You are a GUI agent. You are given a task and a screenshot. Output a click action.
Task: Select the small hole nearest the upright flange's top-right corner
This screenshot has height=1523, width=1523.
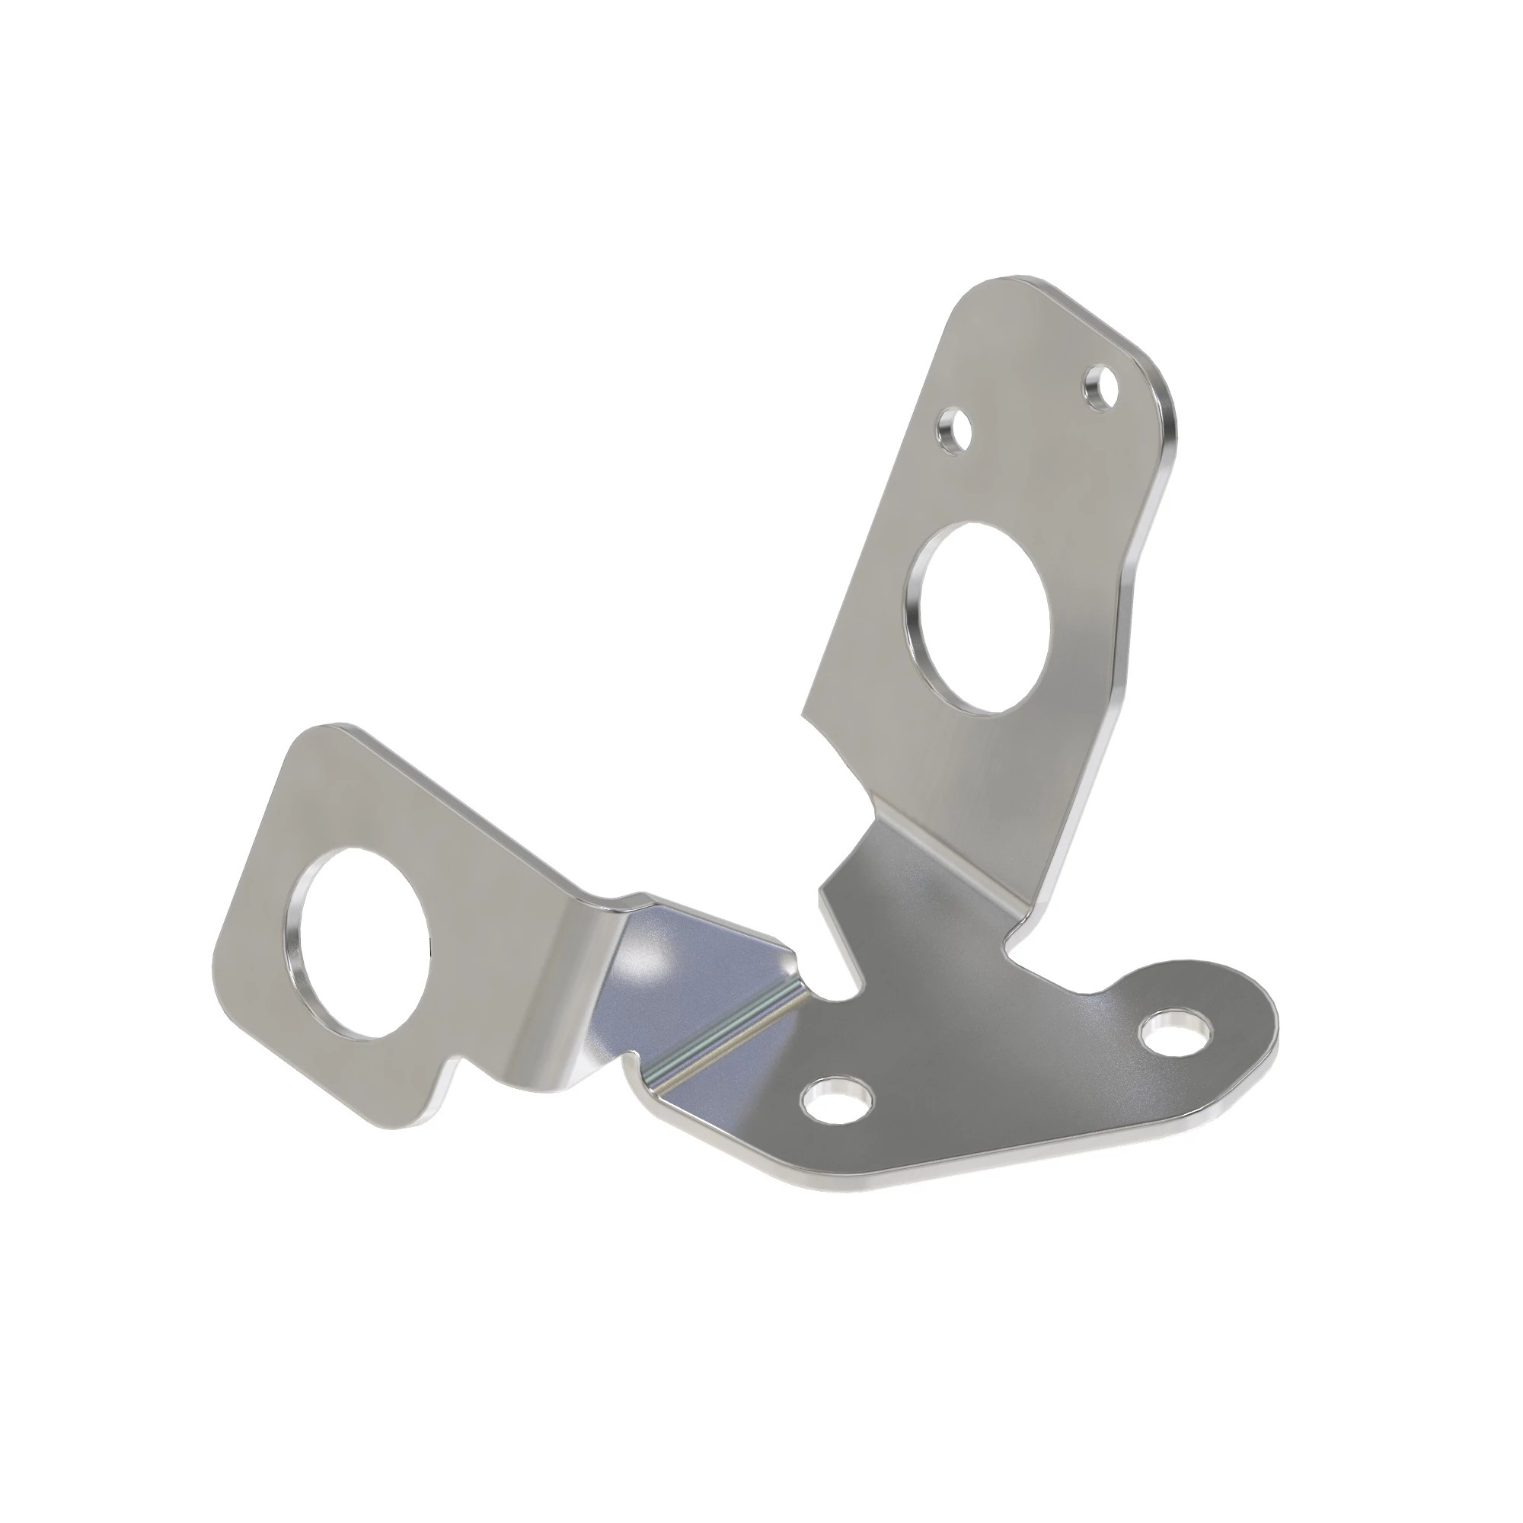(1099, 385)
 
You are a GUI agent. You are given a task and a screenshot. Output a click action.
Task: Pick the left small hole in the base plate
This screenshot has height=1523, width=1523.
(836, 1097)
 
